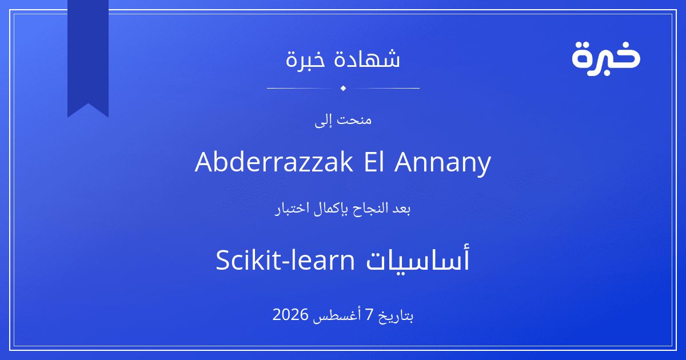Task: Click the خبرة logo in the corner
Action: pyautogui.click(x=606, y=58)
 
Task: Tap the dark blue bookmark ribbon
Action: pyautogui.click(x=88, y=55)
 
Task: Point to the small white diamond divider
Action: pyautogui.click(x=344, y=88)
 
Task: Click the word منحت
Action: pyautogui.click(x=354, y=119)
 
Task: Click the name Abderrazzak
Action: pyautogui.click(x=274, y=162)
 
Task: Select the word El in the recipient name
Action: pyautogui.click(x=374, y=162)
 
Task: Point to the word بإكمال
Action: pyautogui.click(x=330, y=209)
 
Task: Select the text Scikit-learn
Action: pyautogui.click(x=285, y=260)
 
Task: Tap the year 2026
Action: pyautogui.click(x=290, y=314)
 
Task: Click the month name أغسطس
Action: pyautogui.click(x=335, y=315)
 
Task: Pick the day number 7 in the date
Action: pyautogui.click(x=369, y=315)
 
